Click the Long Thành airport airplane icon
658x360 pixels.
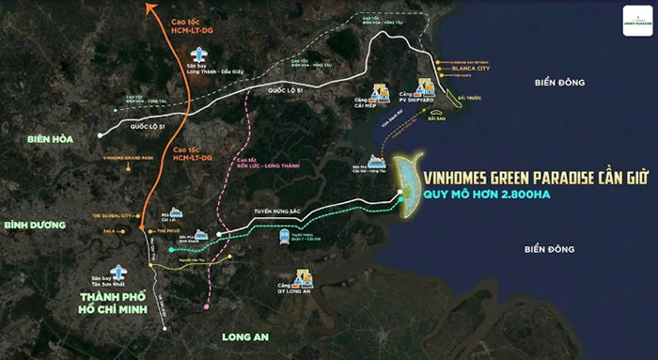click(199, 55)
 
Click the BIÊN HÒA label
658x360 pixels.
click(31, 139)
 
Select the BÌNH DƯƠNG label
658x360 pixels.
click(33, 226)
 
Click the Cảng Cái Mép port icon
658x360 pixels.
click(381, 91)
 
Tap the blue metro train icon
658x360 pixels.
click(283, 236)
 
